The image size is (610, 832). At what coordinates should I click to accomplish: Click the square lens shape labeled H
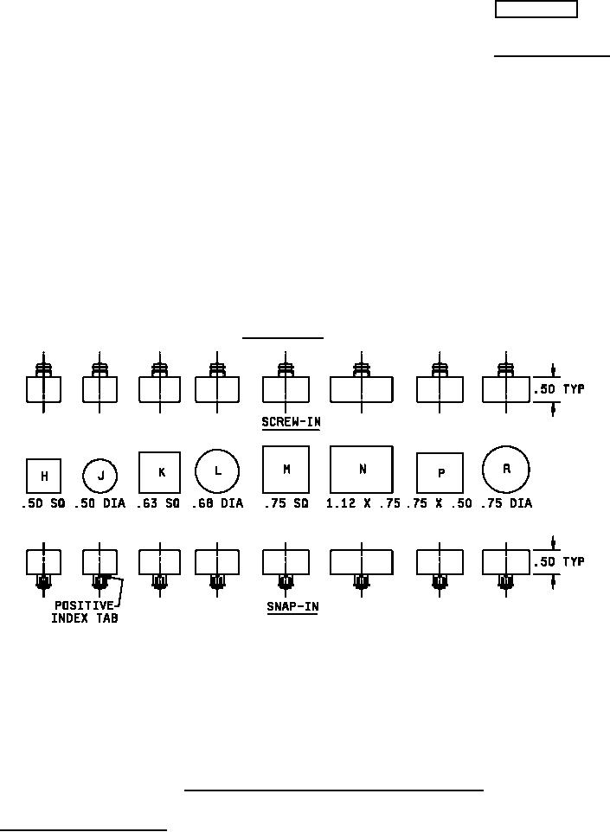(43, 476)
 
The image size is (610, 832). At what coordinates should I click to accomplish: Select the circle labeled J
(100, 476)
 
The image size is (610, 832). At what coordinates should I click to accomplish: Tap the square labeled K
(159, 473)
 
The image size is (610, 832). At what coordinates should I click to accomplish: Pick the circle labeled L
(217, 471)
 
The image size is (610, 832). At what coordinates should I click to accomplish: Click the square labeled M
(286, 470)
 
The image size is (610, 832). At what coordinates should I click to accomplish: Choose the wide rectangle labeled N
(362, 470)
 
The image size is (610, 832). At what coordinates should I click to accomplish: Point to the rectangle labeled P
(440, 473)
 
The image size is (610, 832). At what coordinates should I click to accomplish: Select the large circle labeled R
(506, 470)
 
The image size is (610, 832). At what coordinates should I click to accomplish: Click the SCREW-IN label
(290, 423)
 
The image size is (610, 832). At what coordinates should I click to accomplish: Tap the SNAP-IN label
(292, 607)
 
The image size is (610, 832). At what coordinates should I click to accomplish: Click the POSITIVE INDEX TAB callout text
(84, 611)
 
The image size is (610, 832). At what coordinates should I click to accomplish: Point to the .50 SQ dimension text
(43, 503)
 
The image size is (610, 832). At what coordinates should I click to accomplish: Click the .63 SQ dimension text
(158, 503)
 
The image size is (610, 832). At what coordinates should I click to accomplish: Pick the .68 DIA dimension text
(217, 503)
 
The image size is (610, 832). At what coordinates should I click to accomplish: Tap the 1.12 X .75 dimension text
(363, 503)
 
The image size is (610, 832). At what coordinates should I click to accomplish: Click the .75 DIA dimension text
(506, 503)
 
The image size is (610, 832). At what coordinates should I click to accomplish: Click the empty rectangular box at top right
(536, 10)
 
